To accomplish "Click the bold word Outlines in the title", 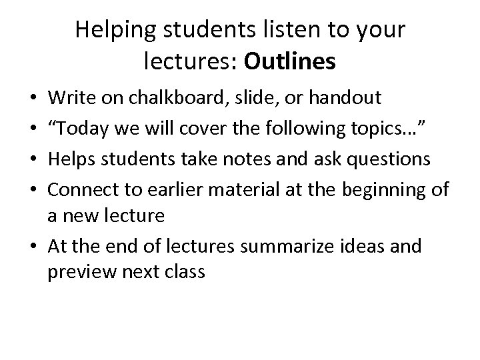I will click(x=290, y=61).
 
